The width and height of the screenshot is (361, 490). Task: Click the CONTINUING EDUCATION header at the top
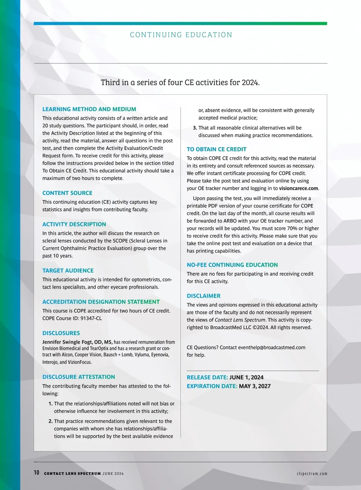(x=181, y=35)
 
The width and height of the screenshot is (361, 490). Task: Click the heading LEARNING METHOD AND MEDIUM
(x=89, y=109)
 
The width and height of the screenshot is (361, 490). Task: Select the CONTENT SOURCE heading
(x=67, y=193)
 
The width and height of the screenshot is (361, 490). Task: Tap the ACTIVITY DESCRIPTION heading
(x=74, y=224)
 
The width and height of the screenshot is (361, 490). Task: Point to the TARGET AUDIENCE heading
(x=68, y=270)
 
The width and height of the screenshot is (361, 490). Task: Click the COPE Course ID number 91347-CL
(x=91, y=318)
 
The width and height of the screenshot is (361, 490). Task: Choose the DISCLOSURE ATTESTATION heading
(x=79, y=377)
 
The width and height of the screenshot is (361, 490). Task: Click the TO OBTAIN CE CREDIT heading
(x=216, y=149)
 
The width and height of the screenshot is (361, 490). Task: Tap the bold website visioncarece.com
(x=298, y=188)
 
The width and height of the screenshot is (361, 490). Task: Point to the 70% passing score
(x=292, y=228)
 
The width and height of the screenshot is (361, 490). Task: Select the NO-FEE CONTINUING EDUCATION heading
(x=232, y=265)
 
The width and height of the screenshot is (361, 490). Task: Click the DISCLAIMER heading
(x=203, y=296)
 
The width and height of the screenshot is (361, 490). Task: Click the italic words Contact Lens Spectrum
(x=240, y=320)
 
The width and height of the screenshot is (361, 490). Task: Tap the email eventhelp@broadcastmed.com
(x=271, y=347)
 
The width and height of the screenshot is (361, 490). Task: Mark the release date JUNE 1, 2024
(x=246, y=377)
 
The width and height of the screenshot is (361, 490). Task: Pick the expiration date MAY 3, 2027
(x=255, y=386)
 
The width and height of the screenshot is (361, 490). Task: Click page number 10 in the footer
(x=36, y=473)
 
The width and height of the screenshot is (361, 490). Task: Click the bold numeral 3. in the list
(x=195, y=128)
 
